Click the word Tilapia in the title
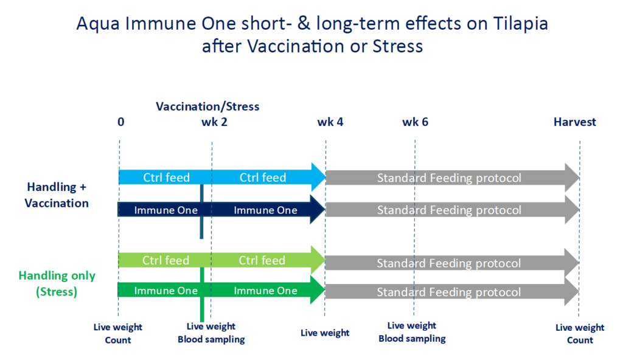[x=521, y=24]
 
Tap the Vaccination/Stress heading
[x=207, y=106]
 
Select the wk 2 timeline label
[x=215, y=122]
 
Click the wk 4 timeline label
[x=330, y=122]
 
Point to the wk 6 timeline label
[x=415, y=122]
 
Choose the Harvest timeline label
[x=575, y=122]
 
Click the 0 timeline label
[x=121, y=122]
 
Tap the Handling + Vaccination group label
[x=57, y=195]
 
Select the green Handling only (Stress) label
[x=57, y=284]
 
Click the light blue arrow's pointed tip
[x=326, y=177]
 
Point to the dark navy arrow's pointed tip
[x=325, y=209]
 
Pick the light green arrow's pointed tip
[x=325, y=260]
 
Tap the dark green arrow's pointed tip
[x=325, y=291]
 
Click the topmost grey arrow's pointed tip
[x=579, y=178]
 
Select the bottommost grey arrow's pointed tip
[x=579, y=292]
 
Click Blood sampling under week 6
[x=412, y=339]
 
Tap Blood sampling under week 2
[x=211, y=339]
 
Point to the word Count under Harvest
[x=580, y=340]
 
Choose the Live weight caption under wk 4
[x=325, y=333]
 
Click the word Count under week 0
[x=117, y=340]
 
